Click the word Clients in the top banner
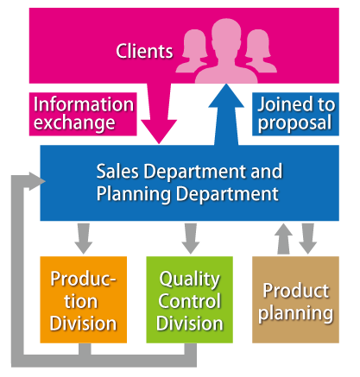point(144,51)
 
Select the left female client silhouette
point(192,51)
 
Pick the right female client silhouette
point(261,51)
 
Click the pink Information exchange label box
point(83,114)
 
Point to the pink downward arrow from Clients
point(159,114)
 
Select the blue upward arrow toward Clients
point(226,115)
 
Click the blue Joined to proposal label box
point(295,114)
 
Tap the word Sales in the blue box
point(117,172)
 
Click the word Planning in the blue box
point(134,194)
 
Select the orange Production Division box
point(84,299)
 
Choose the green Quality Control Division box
point(190,299)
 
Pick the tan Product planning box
point(295,299)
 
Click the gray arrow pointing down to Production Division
point(84,239)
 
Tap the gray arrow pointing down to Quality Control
point(191,239)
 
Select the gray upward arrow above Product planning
point(283,239)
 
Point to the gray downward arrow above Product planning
point(307,239)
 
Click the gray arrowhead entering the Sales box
point(37,181)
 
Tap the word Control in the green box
point(190,301)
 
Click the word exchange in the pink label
point(74,123)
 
